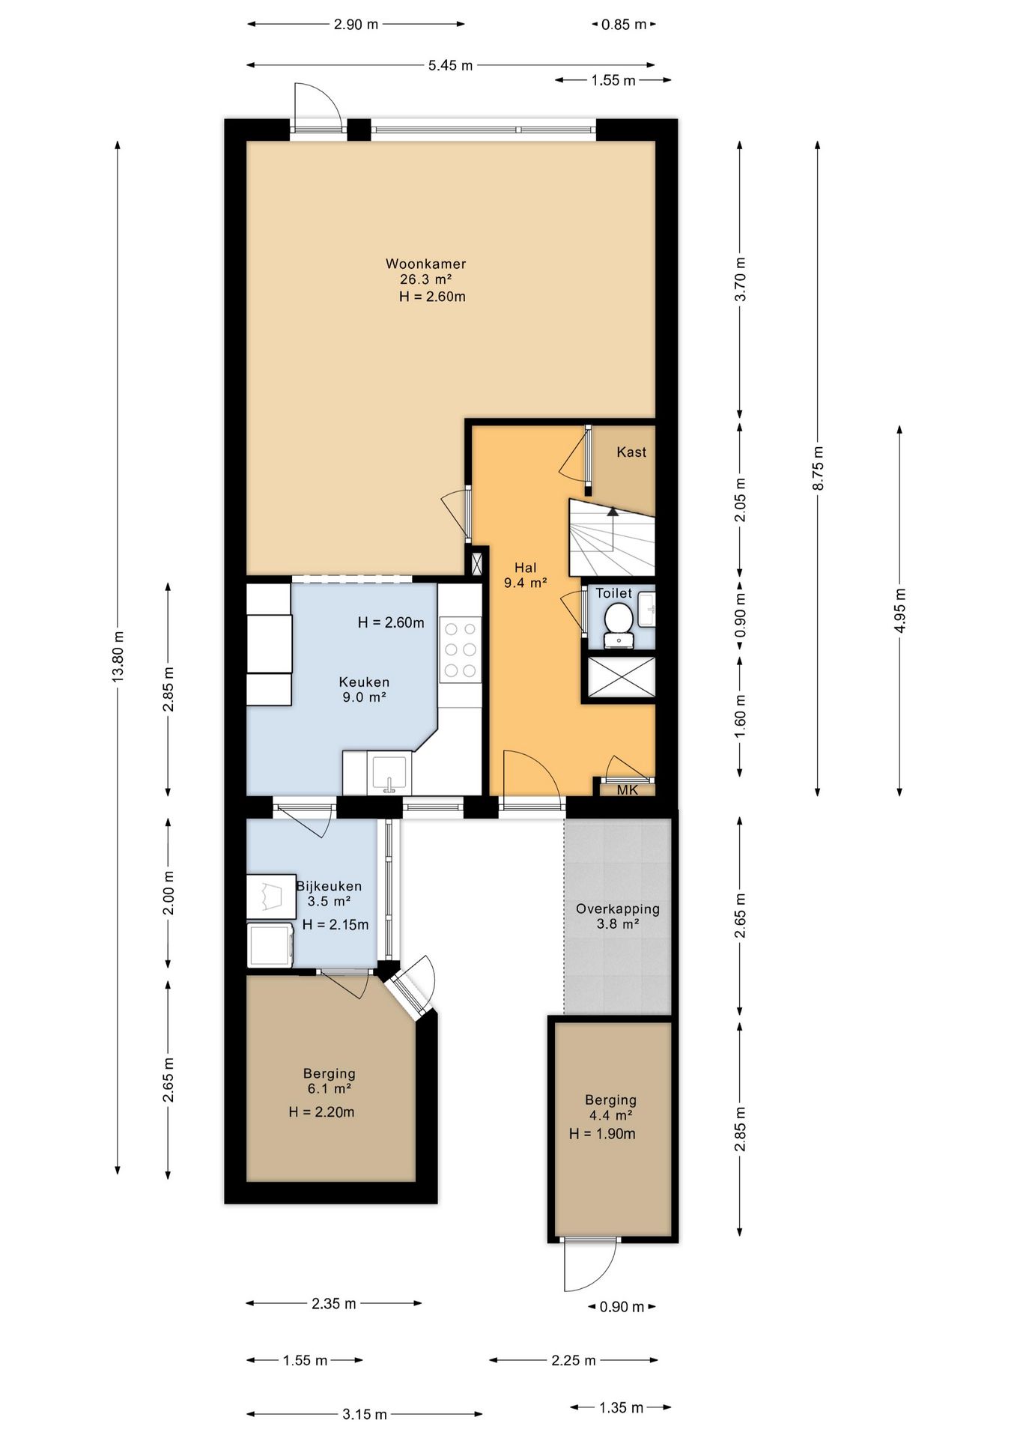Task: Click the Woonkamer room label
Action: [x=425, y=264]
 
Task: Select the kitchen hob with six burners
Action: [x=460, y=649]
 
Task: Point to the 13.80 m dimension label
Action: [x=118, y=657]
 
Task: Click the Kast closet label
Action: [x=631, y=452]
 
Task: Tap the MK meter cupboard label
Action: [x=628, y=789]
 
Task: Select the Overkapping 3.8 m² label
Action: [x=618, y=916]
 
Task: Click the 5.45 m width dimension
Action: [x=451, y=65]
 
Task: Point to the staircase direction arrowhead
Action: [x=613, y=512]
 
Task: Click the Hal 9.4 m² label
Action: [x=525, y=575]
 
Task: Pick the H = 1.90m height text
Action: [x=602, y=1134]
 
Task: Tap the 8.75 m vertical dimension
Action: [x=818, y=468]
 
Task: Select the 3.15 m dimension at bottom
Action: [x=365, y=1414]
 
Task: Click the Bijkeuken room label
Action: [x=329, y=886]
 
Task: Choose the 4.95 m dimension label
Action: [x=900, y=610]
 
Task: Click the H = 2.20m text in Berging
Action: [x=321, y=1112]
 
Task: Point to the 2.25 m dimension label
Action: [x=574, y=1360]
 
